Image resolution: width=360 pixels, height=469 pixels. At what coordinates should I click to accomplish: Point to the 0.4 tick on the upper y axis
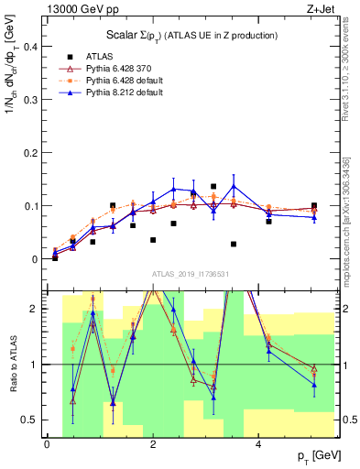[x=31, y=45]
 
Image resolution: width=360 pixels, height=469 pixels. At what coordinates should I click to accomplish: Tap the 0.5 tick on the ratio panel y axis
[x=31, y=420]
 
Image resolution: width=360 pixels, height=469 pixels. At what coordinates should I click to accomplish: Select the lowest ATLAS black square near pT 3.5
[x=234, y=245]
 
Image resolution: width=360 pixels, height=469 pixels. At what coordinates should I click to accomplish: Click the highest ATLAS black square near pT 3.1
[x=213, y=186]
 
